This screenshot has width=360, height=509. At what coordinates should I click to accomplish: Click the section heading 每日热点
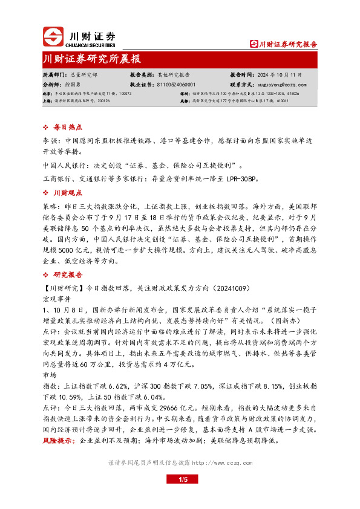pyautogui.click(x=67, y=128)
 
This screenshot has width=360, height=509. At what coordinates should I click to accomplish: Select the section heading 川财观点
pyautogui.click(x=67, y=193)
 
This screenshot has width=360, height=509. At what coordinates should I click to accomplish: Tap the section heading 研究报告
pyautogui.click(x=67, y=274)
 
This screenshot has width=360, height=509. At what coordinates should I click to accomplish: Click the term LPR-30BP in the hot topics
pyautogui.click(x=242, y=179)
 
